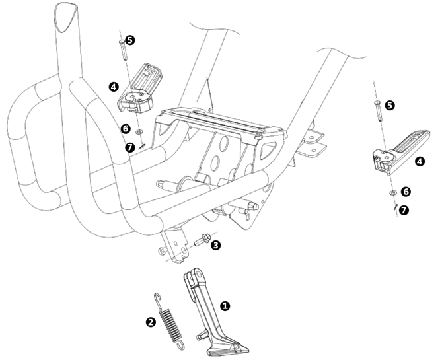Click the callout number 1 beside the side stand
[225, 306]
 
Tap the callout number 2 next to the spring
[151, 322]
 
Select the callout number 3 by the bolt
[216, 246]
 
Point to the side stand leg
[204, 303]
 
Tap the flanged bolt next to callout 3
[202, 240]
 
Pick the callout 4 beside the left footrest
[114, 87]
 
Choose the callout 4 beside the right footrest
[420, 161]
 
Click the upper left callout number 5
[129, 40]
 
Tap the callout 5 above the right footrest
[389, 105]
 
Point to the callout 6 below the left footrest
[126, 129]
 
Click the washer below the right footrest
[392, 192]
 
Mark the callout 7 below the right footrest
[404, 209]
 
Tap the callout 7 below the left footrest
[130, 147]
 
